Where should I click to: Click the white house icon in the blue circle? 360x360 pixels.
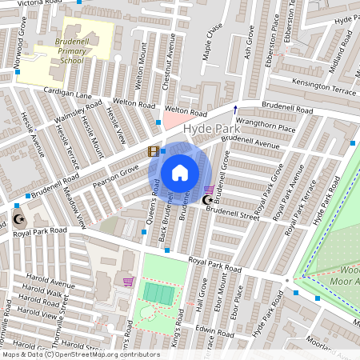(x=180, y=172)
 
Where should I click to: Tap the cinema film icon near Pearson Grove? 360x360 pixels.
(x=152, y=151)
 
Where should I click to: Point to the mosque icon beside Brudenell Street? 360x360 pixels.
(x=208, y=199)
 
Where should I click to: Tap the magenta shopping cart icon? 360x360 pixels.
(x=128, y=281)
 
